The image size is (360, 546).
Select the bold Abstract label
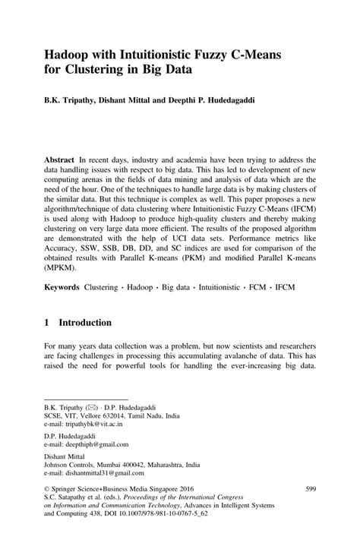click(60, 161)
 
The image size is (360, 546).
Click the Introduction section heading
click(86, 323)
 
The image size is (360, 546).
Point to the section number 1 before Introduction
click(47, 323)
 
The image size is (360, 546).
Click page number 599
click(310, 491)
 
